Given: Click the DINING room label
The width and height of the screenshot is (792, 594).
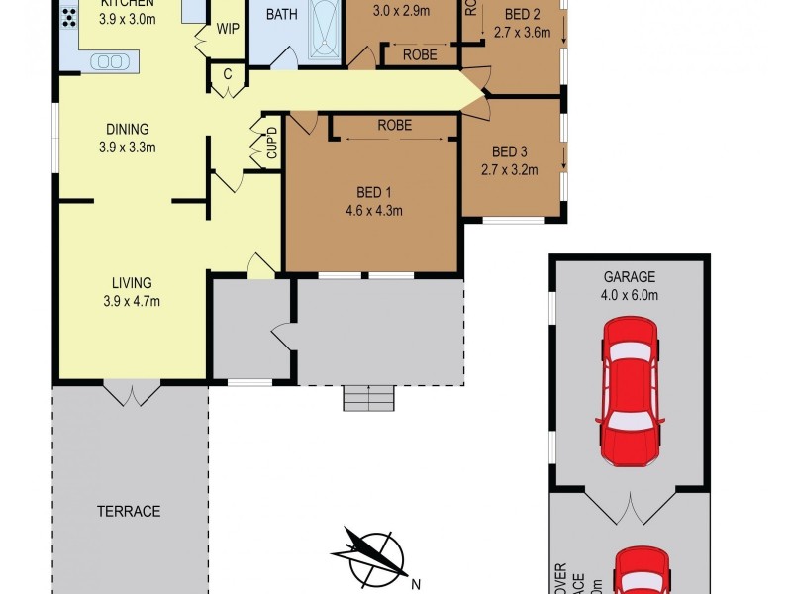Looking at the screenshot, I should click(x=128, y=129).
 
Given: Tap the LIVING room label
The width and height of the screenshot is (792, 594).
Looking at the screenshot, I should click(x=131, y=283).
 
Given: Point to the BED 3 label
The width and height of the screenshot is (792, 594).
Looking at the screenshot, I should click(x=510, y=151).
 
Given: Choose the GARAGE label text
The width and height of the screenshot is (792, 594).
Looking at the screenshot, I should click(x=630, y=277).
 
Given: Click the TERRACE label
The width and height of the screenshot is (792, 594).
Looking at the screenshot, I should click(x=129, y=511).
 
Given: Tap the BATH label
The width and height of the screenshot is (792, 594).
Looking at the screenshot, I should click(x=282, y=15).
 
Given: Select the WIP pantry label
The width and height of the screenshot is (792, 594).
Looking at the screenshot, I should click(x=228, y=27).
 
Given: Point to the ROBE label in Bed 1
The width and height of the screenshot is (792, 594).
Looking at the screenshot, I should click(x=394, y=126).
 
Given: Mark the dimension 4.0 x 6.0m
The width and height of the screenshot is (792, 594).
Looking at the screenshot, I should click(x=630, y=294).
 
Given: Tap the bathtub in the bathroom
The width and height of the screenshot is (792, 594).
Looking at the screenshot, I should click(x=324, y=29).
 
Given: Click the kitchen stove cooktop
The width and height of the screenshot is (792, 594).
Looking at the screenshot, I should click(x=69, y=17).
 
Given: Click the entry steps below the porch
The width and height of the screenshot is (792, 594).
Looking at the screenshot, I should click(x=369, y=397).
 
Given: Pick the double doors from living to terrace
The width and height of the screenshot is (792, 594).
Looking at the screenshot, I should click(x=131, y=392).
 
